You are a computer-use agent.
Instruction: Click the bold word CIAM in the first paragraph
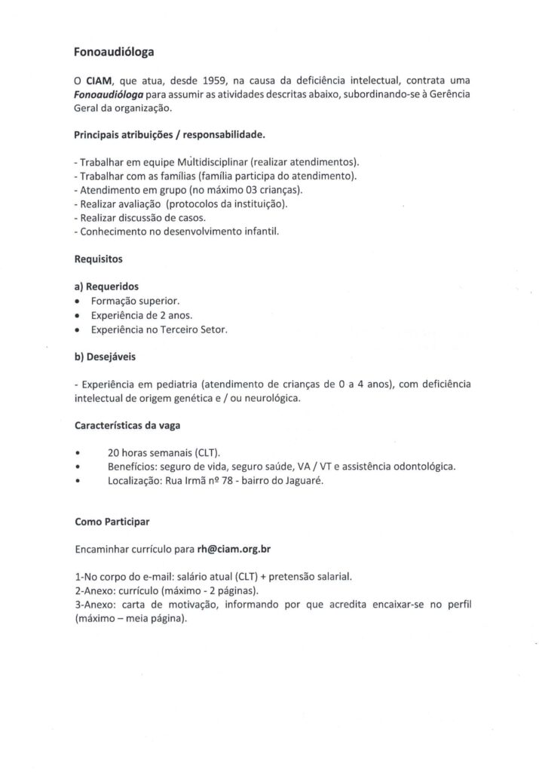[98, 81]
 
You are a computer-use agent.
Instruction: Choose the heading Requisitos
[99, 259]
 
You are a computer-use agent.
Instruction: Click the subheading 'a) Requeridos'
[107, 286]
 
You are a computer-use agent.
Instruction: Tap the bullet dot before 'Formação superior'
[78, 301]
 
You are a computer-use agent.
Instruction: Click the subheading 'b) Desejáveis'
[106, 356]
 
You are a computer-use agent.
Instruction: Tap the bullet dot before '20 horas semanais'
[78, 453]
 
